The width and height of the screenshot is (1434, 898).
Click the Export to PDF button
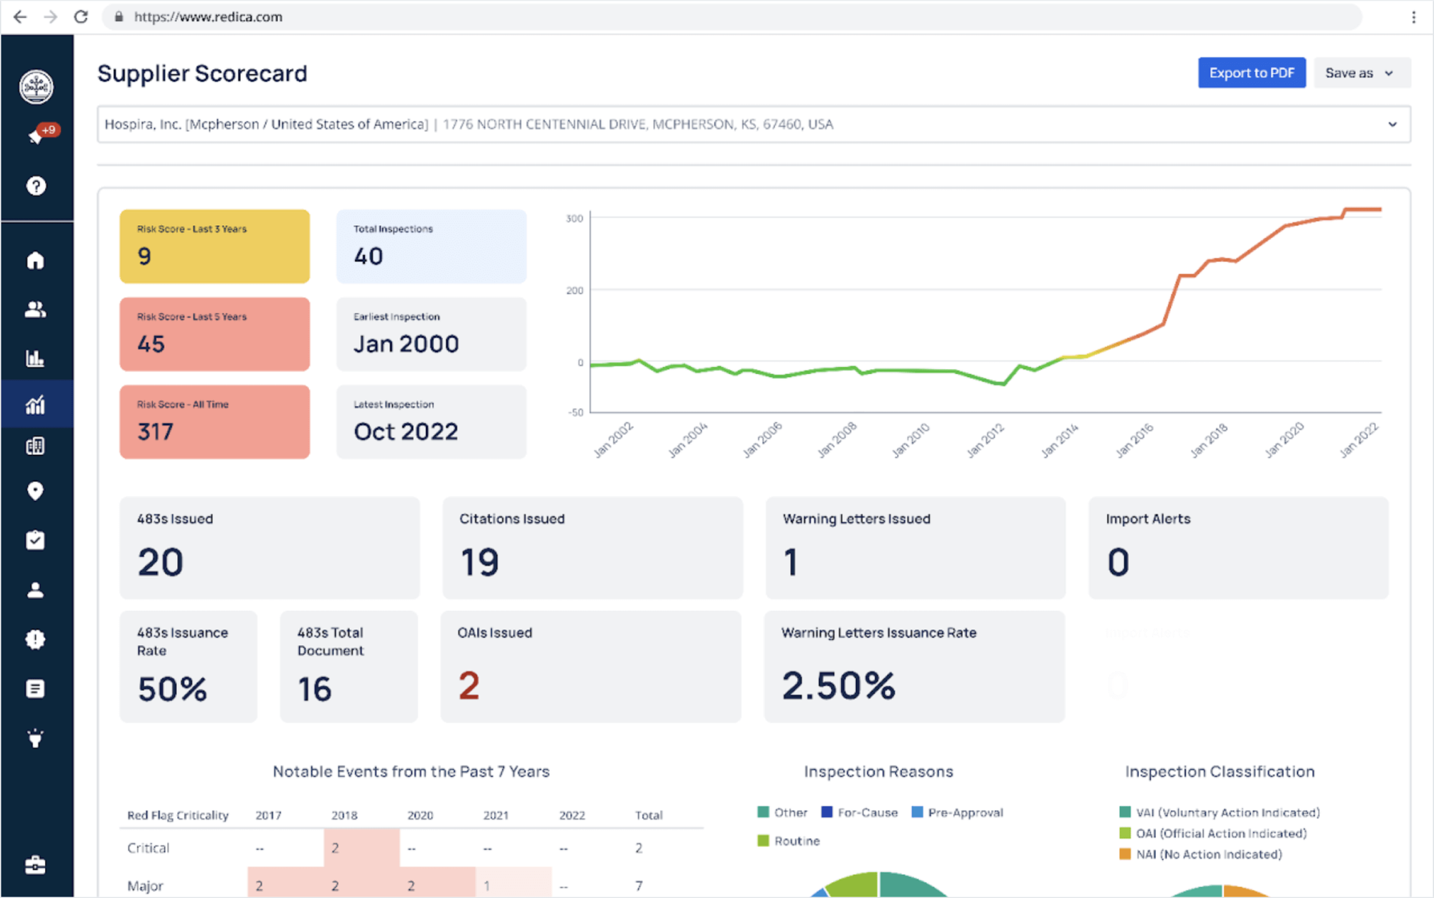click(1251, 73)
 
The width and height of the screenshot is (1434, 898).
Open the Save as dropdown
click(1361, 73)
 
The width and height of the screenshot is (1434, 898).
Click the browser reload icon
click(81, 16)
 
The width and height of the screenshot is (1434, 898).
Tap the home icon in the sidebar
click(35, 260)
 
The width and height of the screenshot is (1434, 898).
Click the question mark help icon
click(36, 186)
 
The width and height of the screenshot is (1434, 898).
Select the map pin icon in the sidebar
click(35, 491)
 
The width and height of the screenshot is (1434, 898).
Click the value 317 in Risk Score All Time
click(155, 431)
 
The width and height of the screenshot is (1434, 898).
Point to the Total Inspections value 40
click(368, 256)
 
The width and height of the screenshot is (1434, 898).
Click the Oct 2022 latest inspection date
click(405, 431)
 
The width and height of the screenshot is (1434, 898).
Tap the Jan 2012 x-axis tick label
click(985, 439)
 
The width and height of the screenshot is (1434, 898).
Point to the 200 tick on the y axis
click(574, 290)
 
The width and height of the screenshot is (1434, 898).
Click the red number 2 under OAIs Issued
click(468, 685)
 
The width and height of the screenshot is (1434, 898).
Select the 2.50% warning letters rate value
click(838, 685)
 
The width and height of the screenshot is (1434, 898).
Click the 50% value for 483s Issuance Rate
click(172, 689)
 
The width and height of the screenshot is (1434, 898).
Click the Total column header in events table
click(648, 815)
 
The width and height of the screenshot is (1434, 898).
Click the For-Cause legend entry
click(859, 812)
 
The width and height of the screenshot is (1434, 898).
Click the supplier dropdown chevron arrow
click(1392, 124)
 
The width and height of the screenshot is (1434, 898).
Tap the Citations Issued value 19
click(479, 562)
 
